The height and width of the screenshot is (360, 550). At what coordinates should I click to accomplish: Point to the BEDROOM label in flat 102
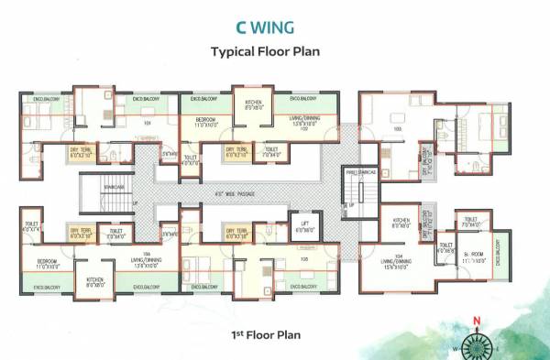tap(205, 120)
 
